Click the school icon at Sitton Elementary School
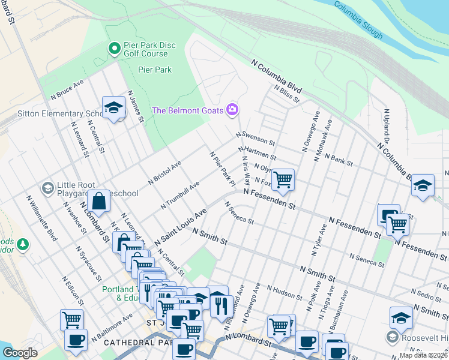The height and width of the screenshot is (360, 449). coord(112,107)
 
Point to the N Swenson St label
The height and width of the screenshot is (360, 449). coord(255,139)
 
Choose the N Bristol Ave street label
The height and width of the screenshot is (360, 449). coord(164,173)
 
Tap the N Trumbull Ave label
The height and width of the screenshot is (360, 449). coord(180,196)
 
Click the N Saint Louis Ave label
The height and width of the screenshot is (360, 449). coord(180,227)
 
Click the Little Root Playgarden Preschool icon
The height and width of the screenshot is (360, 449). coord(47,188)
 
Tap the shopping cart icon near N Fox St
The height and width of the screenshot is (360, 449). coord(282,179)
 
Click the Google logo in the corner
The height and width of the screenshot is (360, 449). coord(20,352)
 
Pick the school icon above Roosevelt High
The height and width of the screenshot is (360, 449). coord(401,317)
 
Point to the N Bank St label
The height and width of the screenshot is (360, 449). coord(338,158)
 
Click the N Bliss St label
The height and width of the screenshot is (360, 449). coord(286,94)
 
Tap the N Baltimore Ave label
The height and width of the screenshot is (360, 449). coord(112,329)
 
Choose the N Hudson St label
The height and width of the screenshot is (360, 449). coord(285,292)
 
